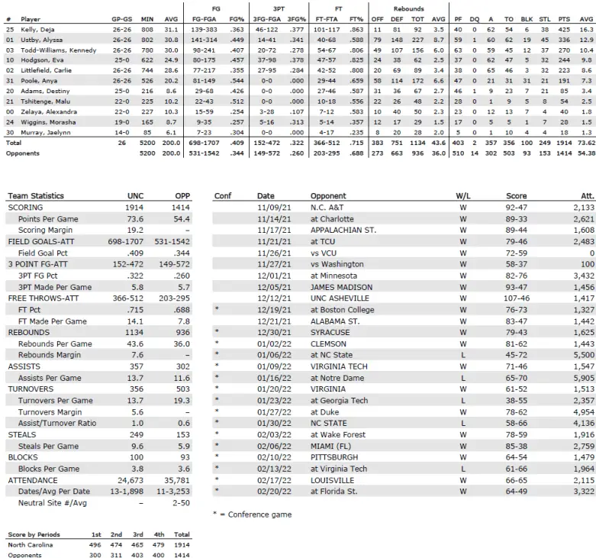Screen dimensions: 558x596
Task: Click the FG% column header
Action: (x=237, y=19)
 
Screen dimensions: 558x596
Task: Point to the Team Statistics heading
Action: (x=36, y=196)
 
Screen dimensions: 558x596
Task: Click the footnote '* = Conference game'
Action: (x=252, y=514)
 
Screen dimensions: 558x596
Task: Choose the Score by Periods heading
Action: (x=34, y=534)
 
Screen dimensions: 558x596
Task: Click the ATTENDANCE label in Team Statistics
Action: (x=31, y=480)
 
